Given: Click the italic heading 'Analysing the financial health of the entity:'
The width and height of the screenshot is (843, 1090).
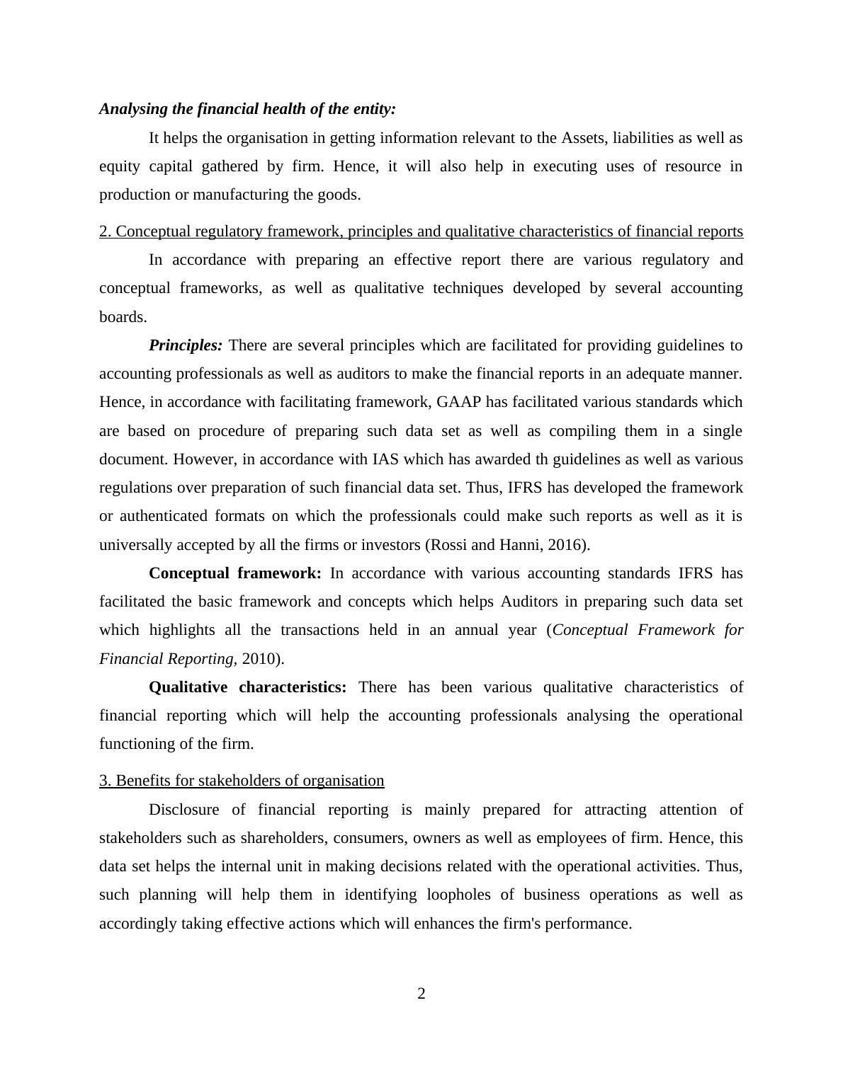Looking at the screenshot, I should pyautogui.click(x=247, y=109).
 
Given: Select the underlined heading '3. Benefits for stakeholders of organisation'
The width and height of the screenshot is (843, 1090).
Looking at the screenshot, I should pyautogui.click(x=242, y=781).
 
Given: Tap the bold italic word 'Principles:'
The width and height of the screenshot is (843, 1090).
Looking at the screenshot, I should pyautogui.click(x=186, y=345).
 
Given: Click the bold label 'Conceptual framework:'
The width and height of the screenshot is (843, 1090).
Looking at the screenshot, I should pyautogui.click(x=234, y=573).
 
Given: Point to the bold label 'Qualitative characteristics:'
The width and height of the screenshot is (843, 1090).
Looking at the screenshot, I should pyautogui.click(x=247, y=687).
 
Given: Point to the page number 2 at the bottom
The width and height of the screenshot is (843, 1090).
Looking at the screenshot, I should pyautogui.click(x=421, y=994).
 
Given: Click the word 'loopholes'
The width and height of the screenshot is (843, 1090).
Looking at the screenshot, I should pyautogui.click(x=458, y=895).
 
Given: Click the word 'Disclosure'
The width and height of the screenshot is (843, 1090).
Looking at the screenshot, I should pyautogui.click(x=183, y=810).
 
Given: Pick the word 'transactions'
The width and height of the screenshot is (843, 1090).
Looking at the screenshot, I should pyautogui.click(x=319, y=630).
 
